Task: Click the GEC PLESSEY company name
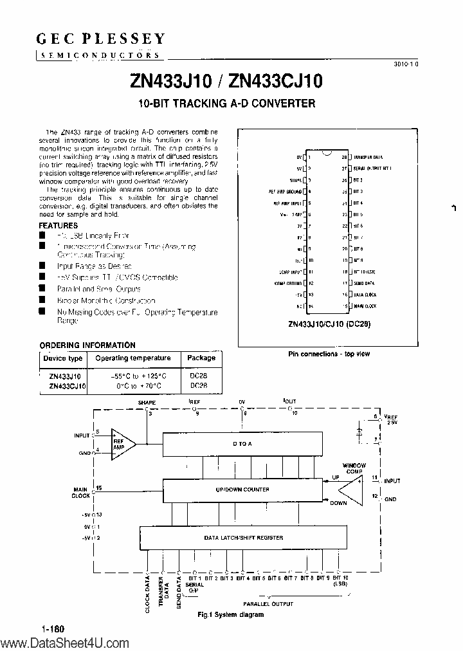click(x=100, y=39)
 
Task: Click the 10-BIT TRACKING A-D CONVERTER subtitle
click(x=227, y=104)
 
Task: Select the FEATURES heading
click(x=59, y=226)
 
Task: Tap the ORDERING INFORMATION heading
click(x=87, y=345)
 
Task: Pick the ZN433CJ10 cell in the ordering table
click(x=67, y=385)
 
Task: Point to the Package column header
click(x=201, y=358)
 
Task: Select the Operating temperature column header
click(x=132, y=358)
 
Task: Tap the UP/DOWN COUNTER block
click(x=243, y=490)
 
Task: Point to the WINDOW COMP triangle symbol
click(x=351, y=490)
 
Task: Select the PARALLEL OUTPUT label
click(x=268, y=603)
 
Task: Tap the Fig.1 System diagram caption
click(x=231, y=614)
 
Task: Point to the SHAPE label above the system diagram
click(x=147, y=402)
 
